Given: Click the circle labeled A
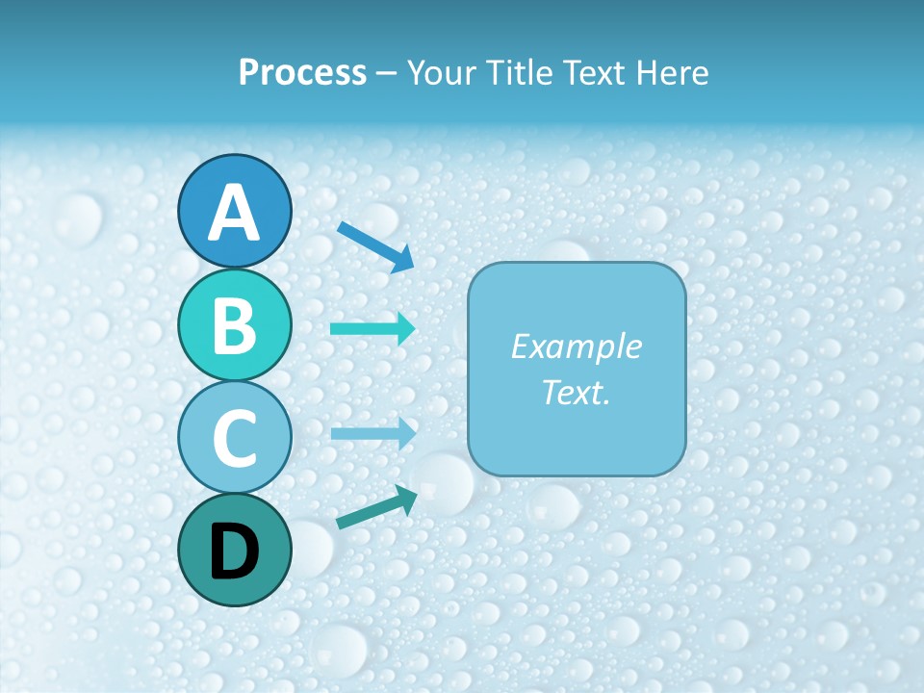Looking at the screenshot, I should pos(234,212).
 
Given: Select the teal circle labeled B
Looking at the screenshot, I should pos(234,325).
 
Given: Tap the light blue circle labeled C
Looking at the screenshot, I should pos(234,437).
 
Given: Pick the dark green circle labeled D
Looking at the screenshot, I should pos(234,550).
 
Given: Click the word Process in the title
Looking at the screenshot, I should pos(302,73).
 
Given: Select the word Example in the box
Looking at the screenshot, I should pos(576,346).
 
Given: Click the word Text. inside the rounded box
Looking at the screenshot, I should pos(576,392).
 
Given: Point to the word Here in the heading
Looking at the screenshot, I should pos(673,73).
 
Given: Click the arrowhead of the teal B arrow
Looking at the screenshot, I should pos(405,328).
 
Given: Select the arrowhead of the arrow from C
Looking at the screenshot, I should pos(405,433).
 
